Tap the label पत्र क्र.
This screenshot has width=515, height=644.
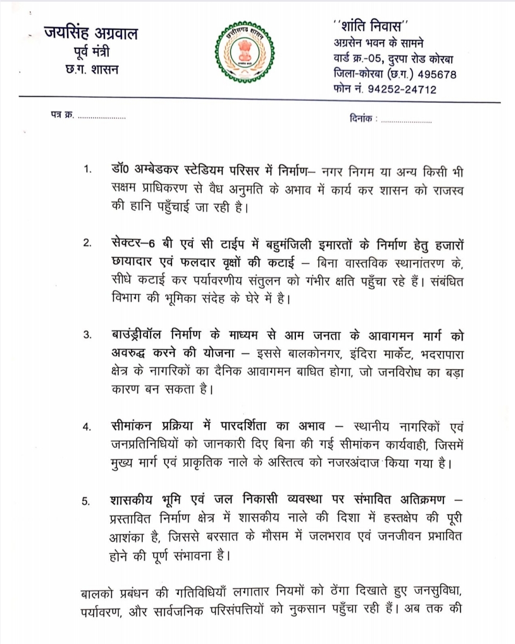tap(59, 118)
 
